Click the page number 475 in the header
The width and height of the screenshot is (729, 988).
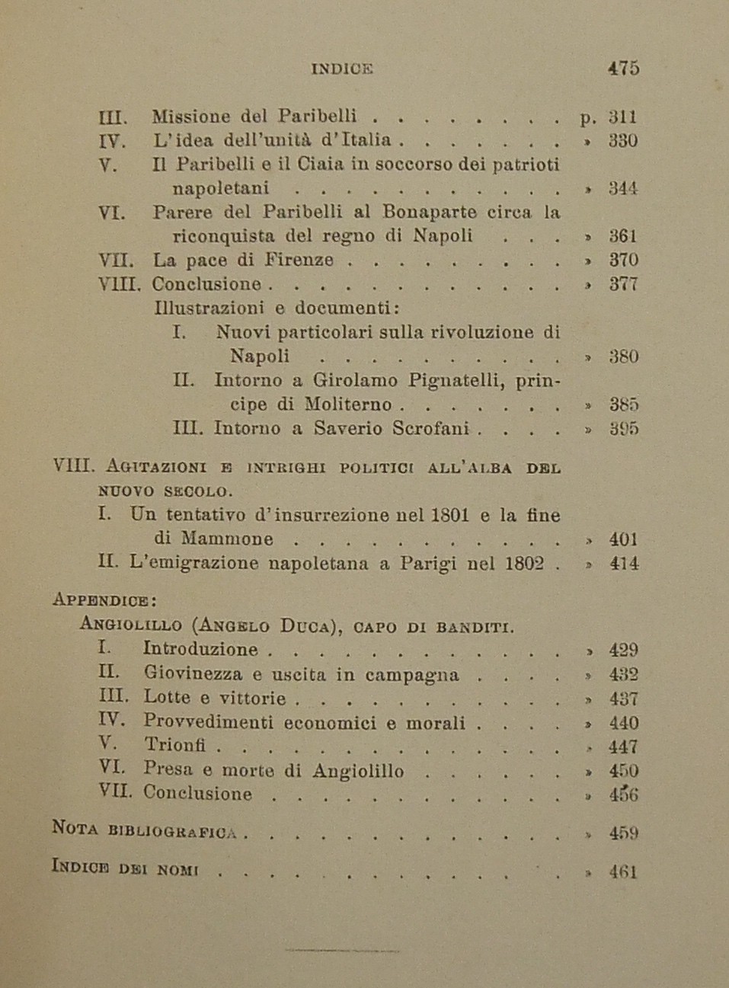pyautogui.click(x=623, y=68)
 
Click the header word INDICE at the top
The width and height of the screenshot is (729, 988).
pyautogui.click(x=342, y=69)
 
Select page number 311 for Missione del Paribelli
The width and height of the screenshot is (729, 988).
pyautogui.click(x=622, y=117)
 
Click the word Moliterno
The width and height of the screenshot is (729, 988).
pyautogui.click(x=348, y=404)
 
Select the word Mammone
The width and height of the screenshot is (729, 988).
pyautogui.click(x=226, y=539)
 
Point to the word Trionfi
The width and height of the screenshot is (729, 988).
pyautogui.click(x=174, y=746)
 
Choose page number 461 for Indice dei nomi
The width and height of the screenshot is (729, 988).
pyautogui.click(x=623, y=872)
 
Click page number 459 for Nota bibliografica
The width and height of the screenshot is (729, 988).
pyautogui.click(x=623, y=833)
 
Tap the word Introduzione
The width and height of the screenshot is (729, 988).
pyautogui.click(x=200, y=649)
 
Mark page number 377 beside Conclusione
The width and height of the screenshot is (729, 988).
pyautogui.click(x=623, y=284)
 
